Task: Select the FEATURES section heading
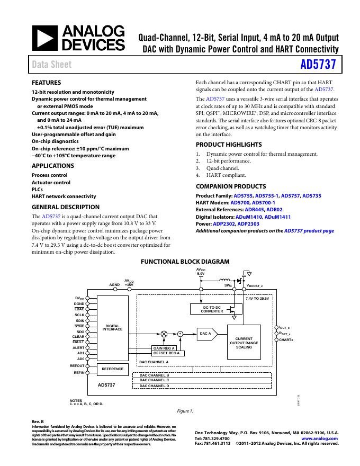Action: click(x=47, y=83)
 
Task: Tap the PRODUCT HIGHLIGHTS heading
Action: click(x=229, y=145)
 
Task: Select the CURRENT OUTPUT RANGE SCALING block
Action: click(x=244, y=343)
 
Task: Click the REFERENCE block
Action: click(x=113, y=369)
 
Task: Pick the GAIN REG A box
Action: click(x=164, y=347)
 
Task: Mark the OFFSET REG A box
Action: click(x=166, y=353)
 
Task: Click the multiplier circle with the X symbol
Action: click(x=164, y=334)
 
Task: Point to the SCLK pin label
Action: click(x=79, y=315)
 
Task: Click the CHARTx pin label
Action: click(x=286, y=339)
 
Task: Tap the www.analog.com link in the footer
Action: click(x=319, y=439)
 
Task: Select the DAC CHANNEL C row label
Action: click(x=154, y=380)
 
